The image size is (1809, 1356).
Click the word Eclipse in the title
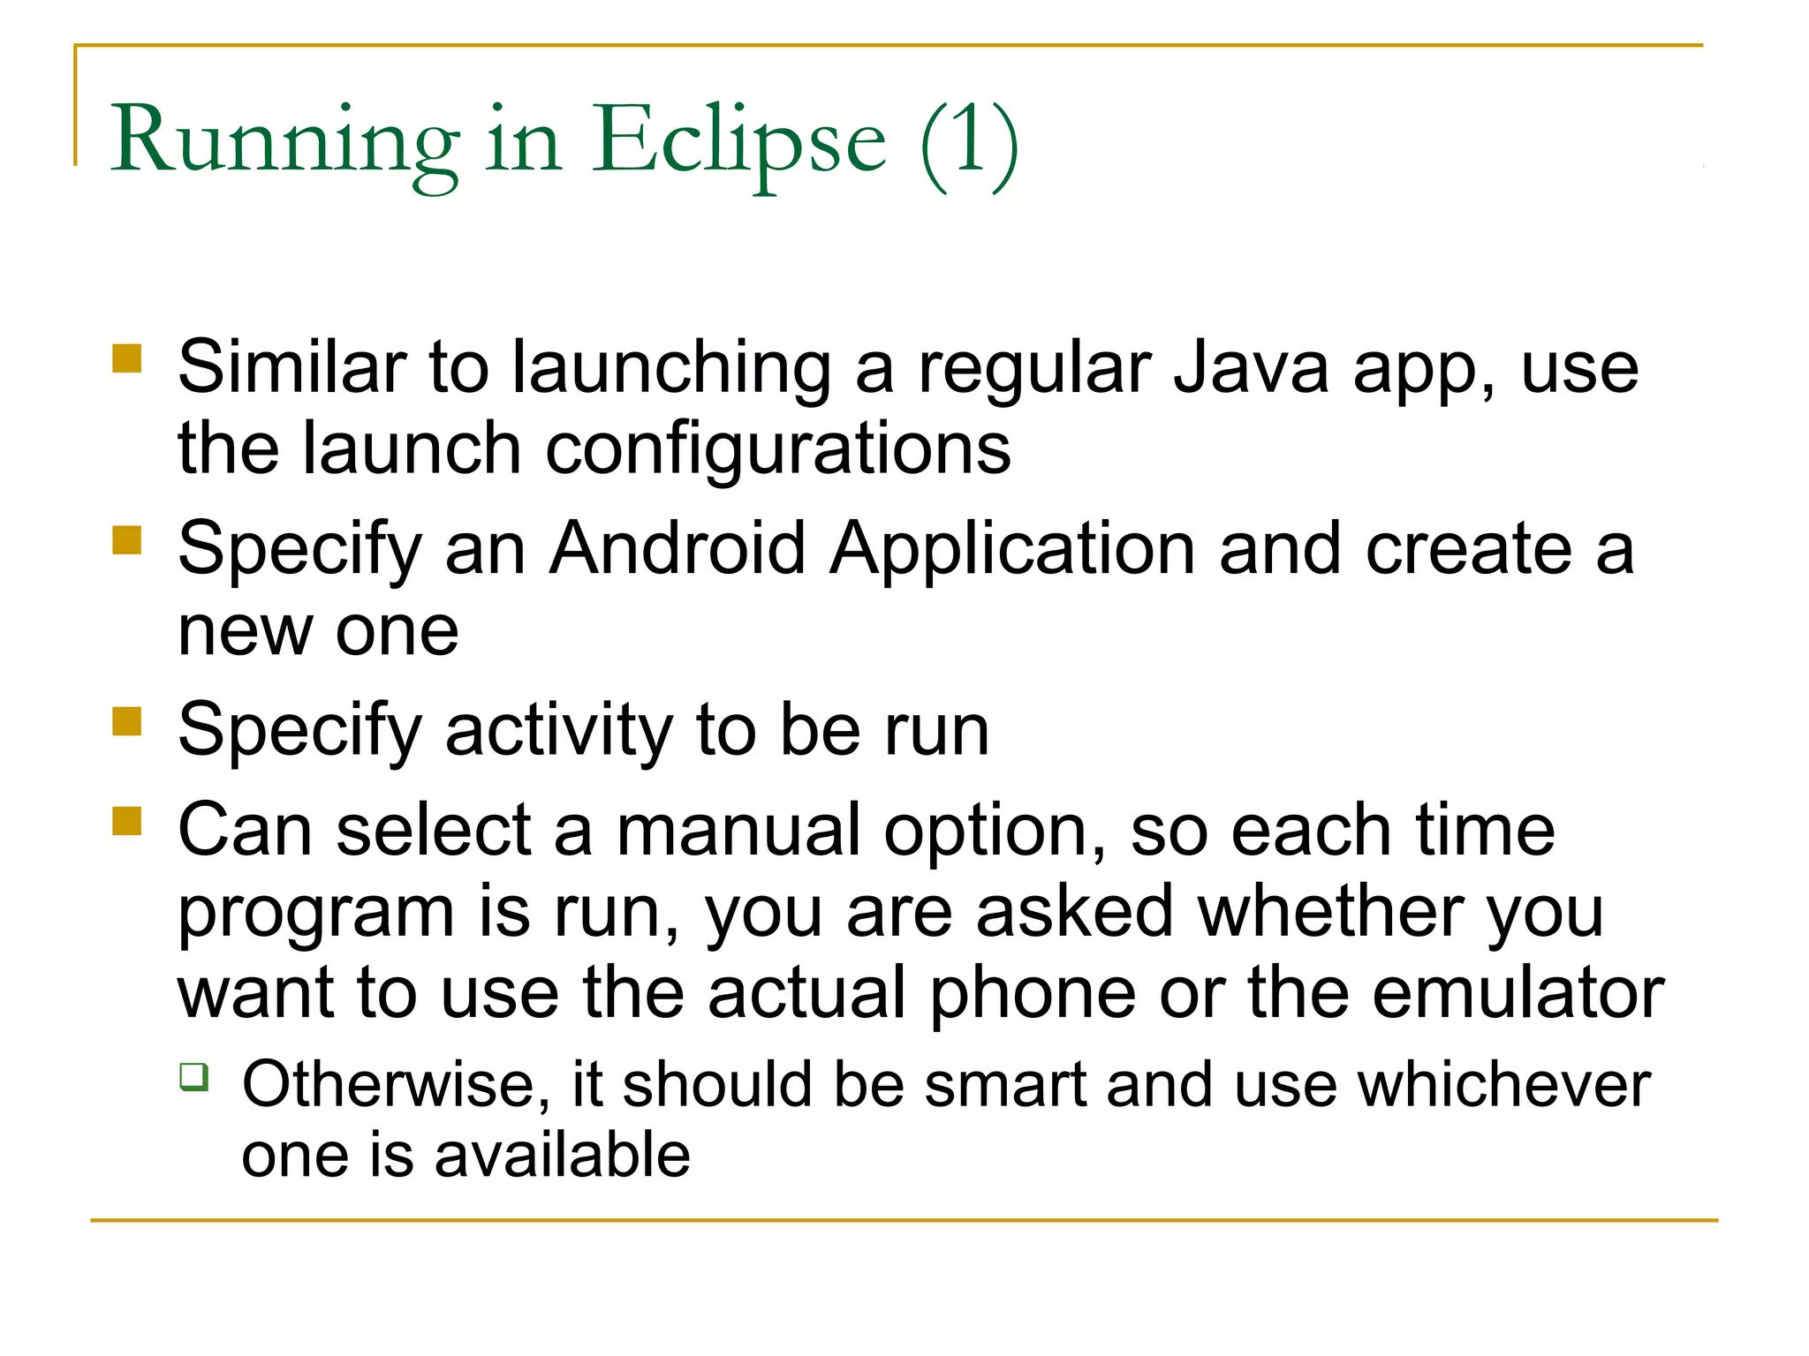pos(738,141)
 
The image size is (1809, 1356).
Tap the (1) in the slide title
pos(969,141)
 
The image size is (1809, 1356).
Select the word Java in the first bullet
pos(1251,368)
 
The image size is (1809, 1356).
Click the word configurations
pos(778,449)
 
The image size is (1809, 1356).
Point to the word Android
pos(677,549)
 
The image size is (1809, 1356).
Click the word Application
pos(1012,549)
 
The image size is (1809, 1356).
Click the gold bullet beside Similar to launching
pos(127,359)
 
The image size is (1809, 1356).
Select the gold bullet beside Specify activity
pos(127,721)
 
